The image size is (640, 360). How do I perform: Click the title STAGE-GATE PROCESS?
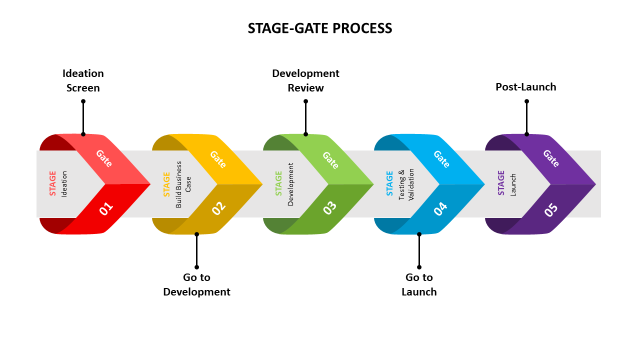(x=320, y=28)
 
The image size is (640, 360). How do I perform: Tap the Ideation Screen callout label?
(x=83, y=80)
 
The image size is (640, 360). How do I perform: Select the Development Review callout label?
(x=305, y=80)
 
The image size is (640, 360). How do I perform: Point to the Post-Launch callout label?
(x=526, y=87)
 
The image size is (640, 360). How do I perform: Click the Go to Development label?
(x=196, y=284)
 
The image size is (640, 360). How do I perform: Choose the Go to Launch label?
(x=419, y=284)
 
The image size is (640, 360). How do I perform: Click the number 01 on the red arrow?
(x=106, y=208)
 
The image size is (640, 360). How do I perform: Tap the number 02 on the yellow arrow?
(x=218, y=208)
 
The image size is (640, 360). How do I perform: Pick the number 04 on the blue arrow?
(x=440, y=208)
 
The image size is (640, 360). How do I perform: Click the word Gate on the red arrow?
(x=104, y=158)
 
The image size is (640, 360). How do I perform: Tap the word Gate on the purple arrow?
(x=550, y=158)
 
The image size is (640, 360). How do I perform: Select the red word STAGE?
(x=53, y=183)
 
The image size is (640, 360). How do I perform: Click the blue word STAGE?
(x=390, y=183)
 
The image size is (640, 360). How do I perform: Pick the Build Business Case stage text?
(x=183, y=184)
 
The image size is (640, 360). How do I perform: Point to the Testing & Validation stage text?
(x=406, y=184)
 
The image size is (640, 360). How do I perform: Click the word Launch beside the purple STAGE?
(x=513, y=184)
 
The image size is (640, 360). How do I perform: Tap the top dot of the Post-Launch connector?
(x=526, y=101)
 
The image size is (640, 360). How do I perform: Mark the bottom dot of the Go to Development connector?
(x=196, y=267)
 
